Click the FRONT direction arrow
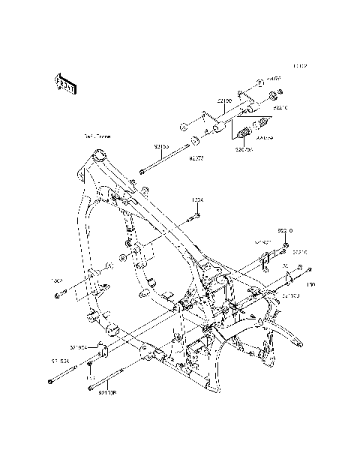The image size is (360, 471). click(62, 83)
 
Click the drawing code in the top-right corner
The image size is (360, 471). click(300, 66)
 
